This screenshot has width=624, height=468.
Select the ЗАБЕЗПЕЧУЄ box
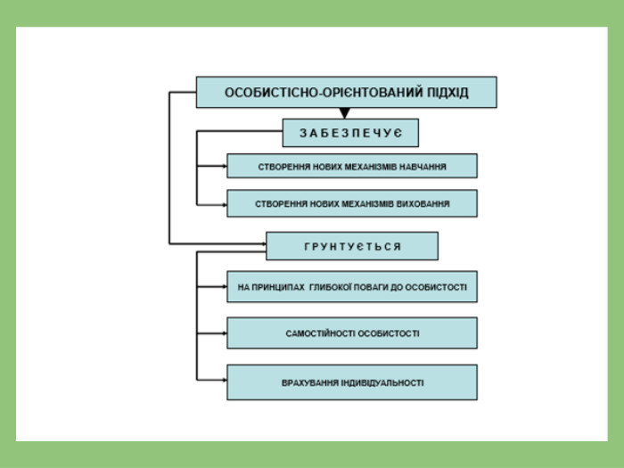(350, 133)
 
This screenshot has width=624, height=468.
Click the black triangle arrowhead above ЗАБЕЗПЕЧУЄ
(345, 113)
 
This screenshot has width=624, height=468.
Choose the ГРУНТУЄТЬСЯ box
(352, 246)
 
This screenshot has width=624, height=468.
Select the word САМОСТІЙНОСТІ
(317, 333)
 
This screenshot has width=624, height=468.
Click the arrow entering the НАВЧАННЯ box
(212, 166)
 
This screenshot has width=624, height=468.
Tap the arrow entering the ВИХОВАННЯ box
(212, 205)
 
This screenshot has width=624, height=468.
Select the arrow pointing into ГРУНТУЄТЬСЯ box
(218, 243)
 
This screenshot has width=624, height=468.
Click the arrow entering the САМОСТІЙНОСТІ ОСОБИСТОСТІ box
(212, 333)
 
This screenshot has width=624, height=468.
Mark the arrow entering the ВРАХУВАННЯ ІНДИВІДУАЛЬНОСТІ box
(212, 380)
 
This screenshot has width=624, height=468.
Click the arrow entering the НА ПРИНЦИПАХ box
(212, 286)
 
